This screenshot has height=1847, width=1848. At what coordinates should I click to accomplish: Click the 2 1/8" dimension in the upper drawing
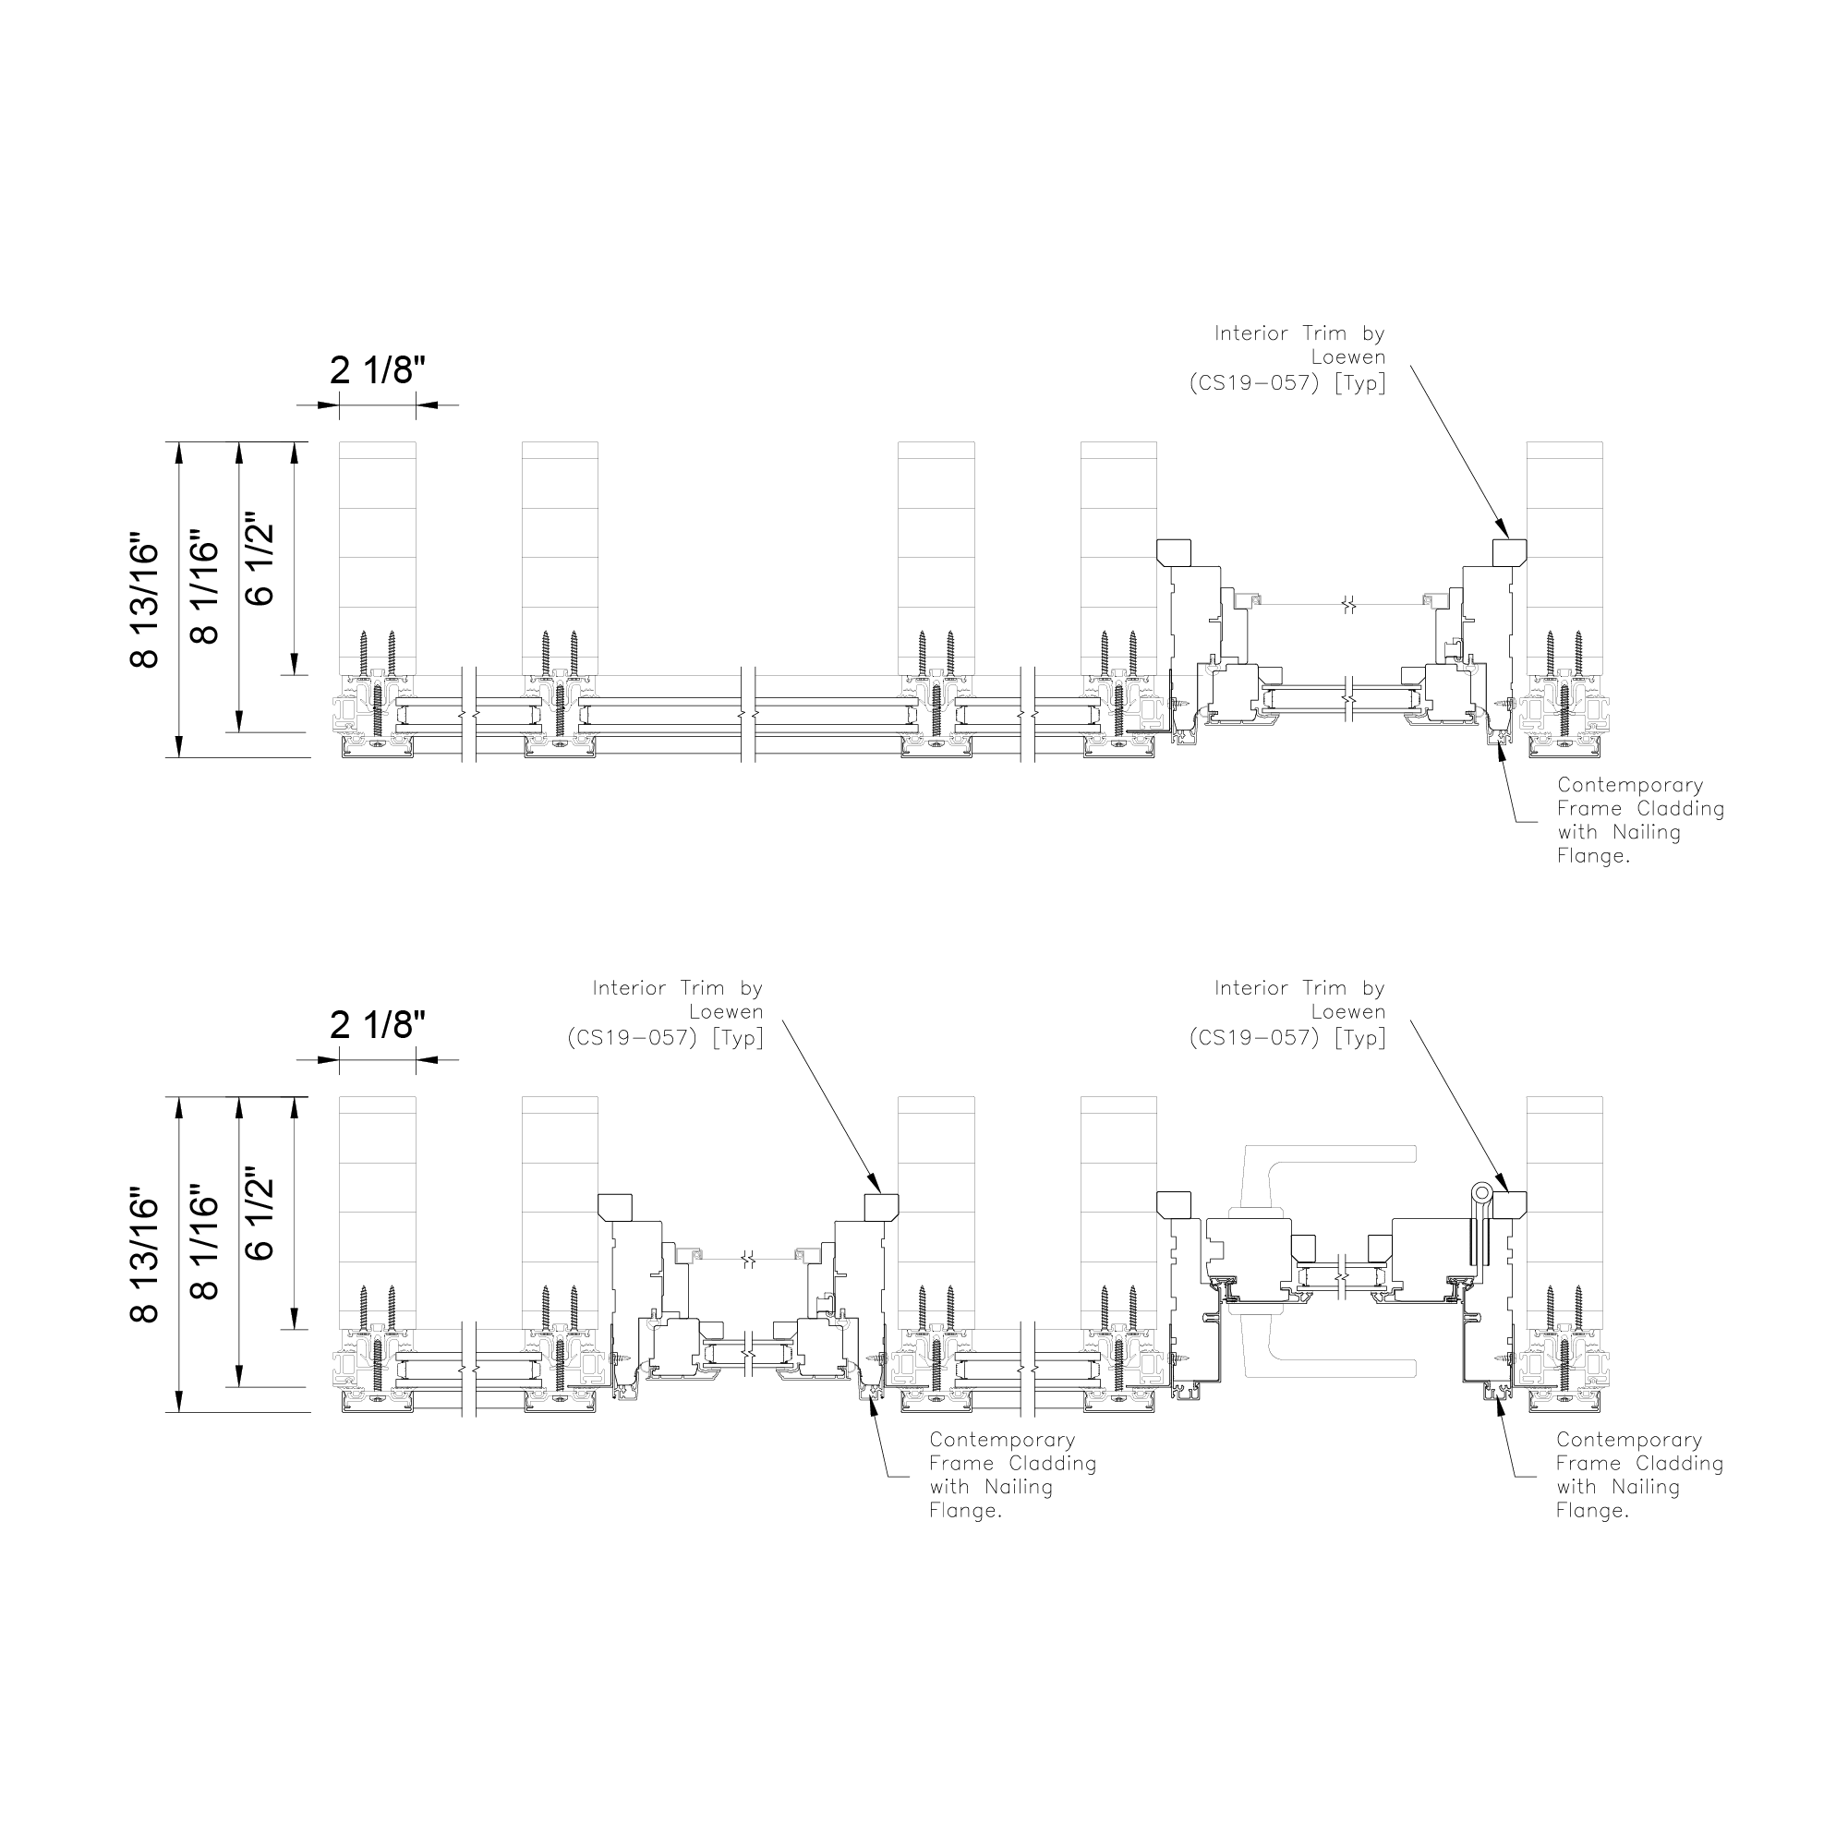[x=377, y=369]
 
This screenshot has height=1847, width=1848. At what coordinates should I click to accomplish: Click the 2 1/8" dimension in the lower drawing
[x=377, y=1024]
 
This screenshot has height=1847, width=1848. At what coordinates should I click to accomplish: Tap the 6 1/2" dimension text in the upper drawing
[x=260, y=564]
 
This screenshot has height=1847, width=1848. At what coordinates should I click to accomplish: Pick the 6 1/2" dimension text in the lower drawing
[x=260, y=1220]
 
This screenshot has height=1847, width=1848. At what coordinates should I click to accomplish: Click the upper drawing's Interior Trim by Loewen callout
[x=1287, y=358]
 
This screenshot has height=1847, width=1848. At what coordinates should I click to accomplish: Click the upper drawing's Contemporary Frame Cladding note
[x=1640, y=820]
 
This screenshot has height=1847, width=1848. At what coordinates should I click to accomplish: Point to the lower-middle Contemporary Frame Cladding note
[x=1013, y=1475]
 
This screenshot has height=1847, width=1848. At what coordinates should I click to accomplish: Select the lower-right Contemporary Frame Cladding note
[x=1639, y=1475]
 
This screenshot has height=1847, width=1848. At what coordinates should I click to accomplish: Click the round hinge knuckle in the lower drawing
[x=1481, y=1194]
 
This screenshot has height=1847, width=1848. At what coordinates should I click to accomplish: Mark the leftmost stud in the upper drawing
[x=378, y=559]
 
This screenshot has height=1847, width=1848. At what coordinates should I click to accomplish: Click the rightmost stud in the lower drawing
[x=1564, y=1213]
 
